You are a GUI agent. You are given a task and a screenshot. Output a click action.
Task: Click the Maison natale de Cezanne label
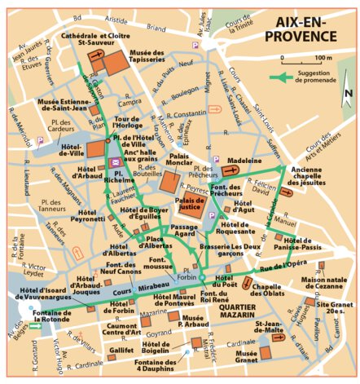(x=324, y=285)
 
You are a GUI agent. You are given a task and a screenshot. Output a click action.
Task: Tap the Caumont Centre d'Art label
(x=125, y=328)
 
